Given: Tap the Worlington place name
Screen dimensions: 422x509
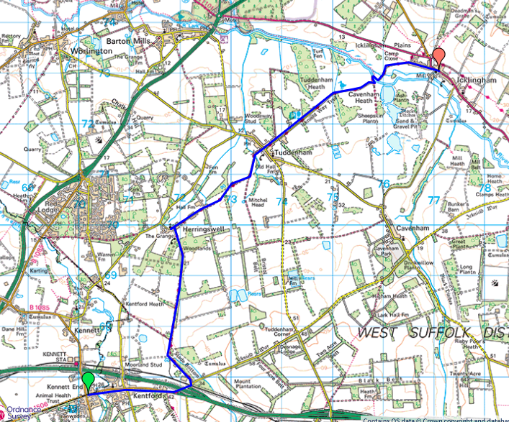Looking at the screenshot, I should tap(89, 52).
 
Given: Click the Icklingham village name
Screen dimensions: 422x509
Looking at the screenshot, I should tap(478, 81).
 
